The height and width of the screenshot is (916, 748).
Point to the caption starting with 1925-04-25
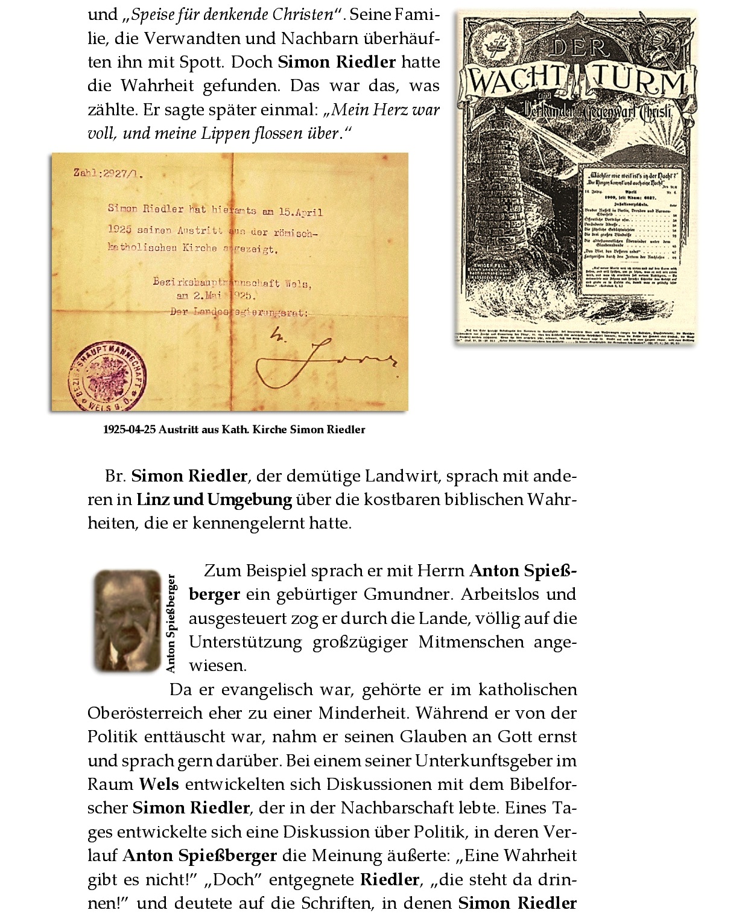point(234,430)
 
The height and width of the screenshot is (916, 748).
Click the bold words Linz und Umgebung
point(214,500)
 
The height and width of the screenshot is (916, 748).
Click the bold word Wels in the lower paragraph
point(159,784)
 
